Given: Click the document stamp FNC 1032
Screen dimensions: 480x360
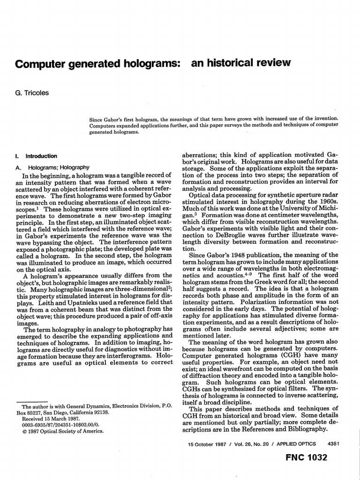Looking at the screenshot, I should click(x=306, y=458).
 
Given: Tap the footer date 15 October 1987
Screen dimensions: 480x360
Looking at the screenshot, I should click(x=207, y=443).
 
